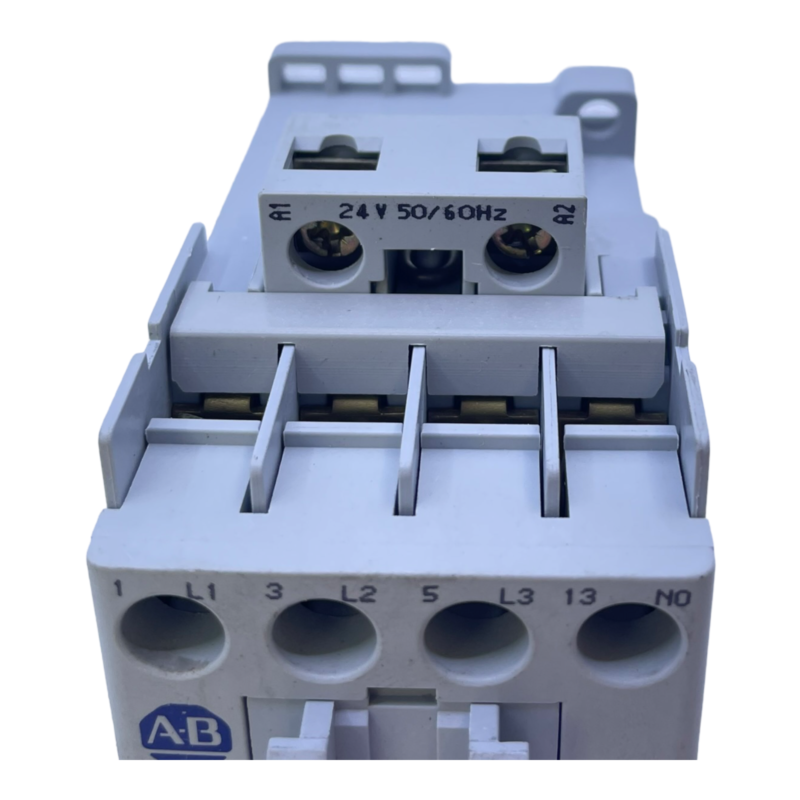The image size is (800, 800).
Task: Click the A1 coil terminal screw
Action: (327, 246)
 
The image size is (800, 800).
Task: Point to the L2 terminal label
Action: (358, 593)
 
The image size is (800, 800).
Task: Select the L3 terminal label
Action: (517, 596)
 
